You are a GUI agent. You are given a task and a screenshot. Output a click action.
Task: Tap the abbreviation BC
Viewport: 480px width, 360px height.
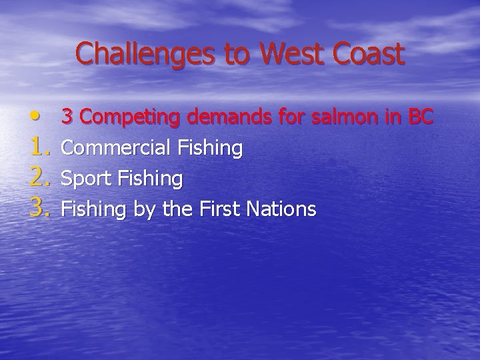click(x=421, y=117)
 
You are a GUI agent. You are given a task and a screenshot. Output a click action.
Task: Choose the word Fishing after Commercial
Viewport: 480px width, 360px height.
click(x=209, y=148)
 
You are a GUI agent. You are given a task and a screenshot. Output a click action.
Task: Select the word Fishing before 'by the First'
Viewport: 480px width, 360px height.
click(x=94, y=209)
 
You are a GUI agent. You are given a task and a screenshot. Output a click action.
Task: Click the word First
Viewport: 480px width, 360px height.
click(x=219, y=209)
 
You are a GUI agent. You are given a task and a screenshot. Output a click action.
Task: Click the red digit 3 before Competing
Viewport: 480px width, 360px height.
click(x=67, y=117)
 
